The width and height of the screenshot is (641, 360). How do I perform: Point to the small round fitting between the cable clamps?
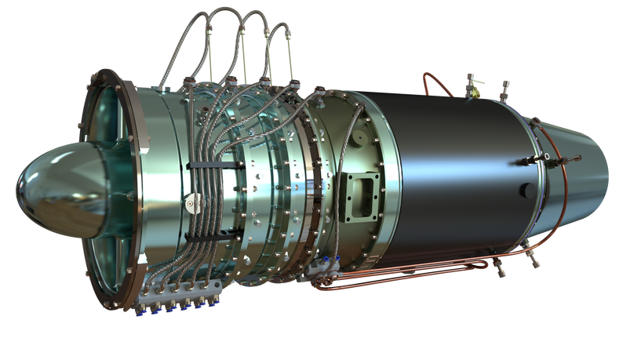pos(190,204)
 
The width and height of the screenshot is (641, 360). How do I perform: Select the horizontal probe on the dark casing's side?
pos(527,162)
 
